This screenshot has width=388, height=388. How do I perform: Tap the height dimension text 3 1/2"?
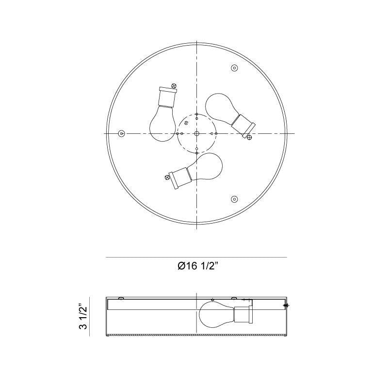[x=83, y=317]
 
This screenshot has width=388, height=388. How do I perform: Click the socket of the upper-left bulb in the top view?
[x=168, y=97]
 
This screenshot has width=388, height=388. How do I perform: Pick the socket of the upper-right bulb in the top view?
[x=243, y=124]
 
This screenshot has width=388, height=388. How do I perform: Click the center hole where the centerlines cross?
[x=196, y=133]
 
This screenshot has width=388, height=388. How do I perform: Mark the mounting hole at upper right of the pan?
[x=234, y=68]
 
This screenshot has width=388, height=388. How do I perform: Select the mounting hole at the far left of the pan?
[x=122, y=133]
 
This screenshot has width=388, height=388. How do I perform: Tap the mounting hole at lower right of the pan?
[x=234, y=198]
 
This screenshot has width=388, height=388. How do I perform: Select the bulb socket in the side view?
[x=242, y=315]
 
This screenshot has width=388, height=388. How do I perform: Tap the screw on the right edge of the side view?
[x=287, y=306]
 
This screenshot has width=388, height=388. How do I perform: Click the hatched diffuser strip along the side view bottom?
[x=196, y=335]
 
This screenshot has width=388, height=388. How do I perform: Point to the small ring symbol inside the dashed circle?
[x=186, y=124]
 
